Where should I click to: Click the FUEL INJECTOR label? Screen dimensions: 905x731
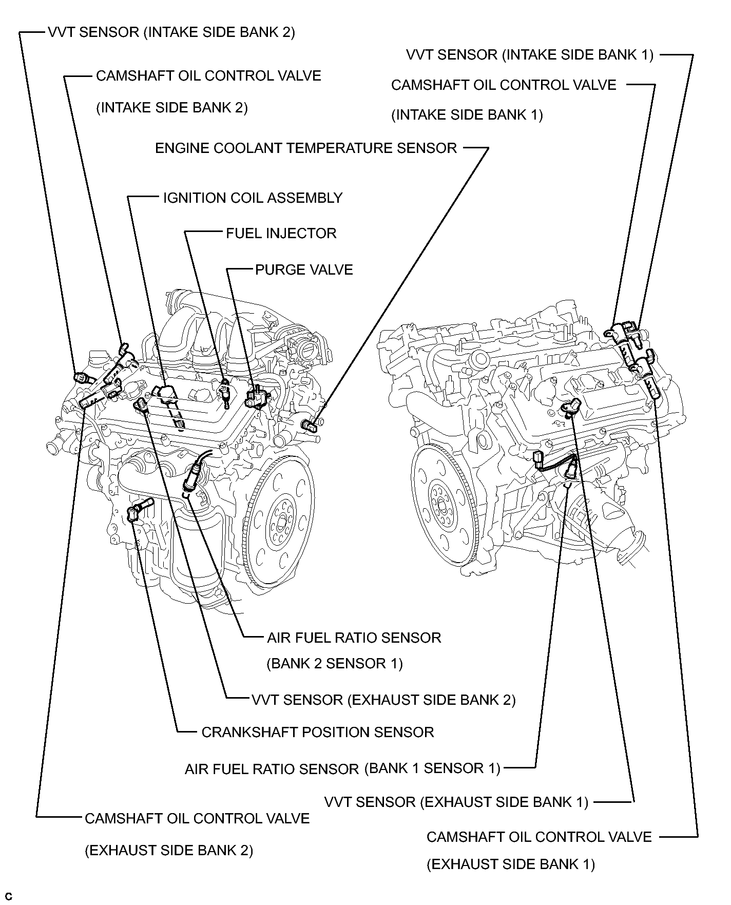pyautogui.click(x=281, y=234)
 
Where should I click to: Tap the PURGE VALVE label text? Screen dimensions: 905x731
pyautogui.click(x=304, y=270)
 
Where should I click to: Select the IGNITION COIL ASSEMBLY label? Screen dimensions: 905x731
pyautogui.click(x=253, y=198)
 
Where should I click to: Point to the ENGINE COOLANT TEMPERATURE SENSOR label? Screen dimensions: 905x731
pyautogui.click(x=305, y=148)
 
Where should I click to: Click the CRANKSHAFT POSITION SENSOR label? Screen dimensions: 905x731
pyautogui.click(x=317, y=732)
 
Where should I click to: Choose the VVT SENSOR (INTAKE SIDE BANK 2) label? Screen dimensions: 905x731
pyautogui.click(x=171, y=32)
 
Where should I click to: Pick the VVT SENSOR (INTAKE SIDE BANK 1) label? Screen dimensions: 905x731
pyautogui.click(x=529, y=55)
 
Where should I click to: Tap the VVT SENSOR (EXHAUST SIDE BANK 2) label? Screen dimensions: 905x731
pyautogui.click(x=383, y=700)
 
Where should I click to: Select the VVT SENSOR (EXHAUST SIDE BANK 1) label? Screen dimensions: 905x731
pyautogui.click(x=456, y=802)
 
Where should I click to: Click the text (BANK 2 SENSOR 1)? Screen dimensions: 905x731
pyautogui.click(x=334, y=664)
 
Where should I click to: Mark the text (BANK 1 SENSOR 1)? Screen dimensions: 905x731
pyautogui.click(x=432, y=768)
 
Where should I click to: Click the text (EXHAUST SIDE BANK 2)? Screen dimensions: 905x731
pyautogui.click(x=169, y=851)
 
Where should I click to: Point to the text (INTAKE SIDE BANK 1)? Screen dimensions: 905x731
pyautogui.click(x=467, y=114)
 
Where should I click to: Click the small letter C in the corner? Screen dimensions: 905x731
pyautogui.click(x=9, y=897)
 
